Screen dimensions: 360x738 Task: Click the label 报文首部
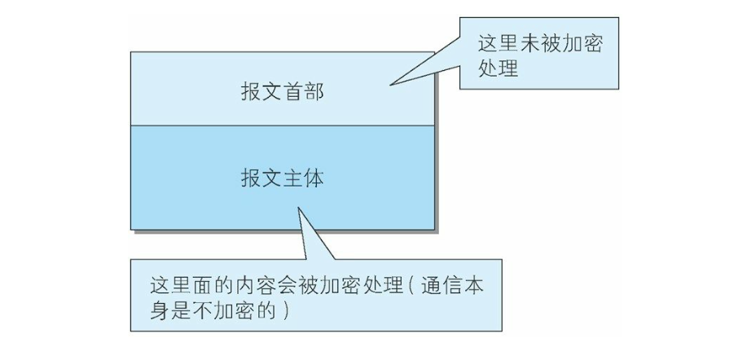point(282,93)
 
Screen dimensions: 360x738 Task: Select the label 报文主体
point(282,178)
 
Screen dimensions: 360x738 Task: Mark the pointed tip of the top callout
point(389,84)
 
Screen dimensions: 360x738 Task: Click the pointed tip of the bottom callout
point(298,207)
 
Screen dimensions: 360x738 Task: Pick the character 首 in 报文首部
point(292,93)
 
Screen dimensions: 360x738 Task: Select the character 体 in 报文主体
point(314,178)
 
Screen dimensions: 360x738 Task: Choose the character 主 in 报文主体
point(292,178)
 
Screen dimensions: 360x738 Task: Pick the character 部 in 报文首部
point(314,93)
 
